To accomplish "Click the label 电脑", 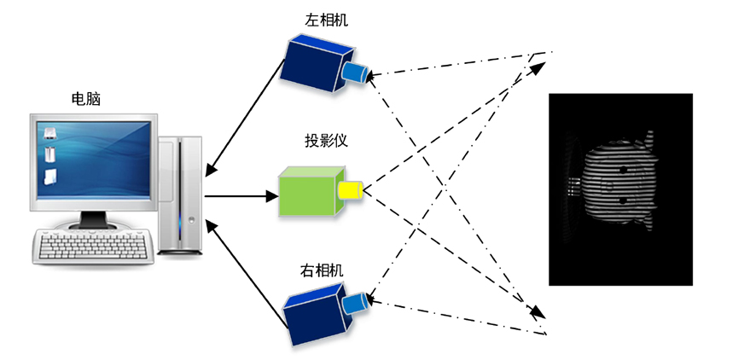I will [86, 98].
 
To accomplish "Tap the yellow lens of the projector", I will [351, 189].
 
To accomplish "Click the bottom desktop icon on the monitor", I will [51, 177].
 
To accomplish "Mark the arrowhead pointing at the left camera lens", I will [375, 75].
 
